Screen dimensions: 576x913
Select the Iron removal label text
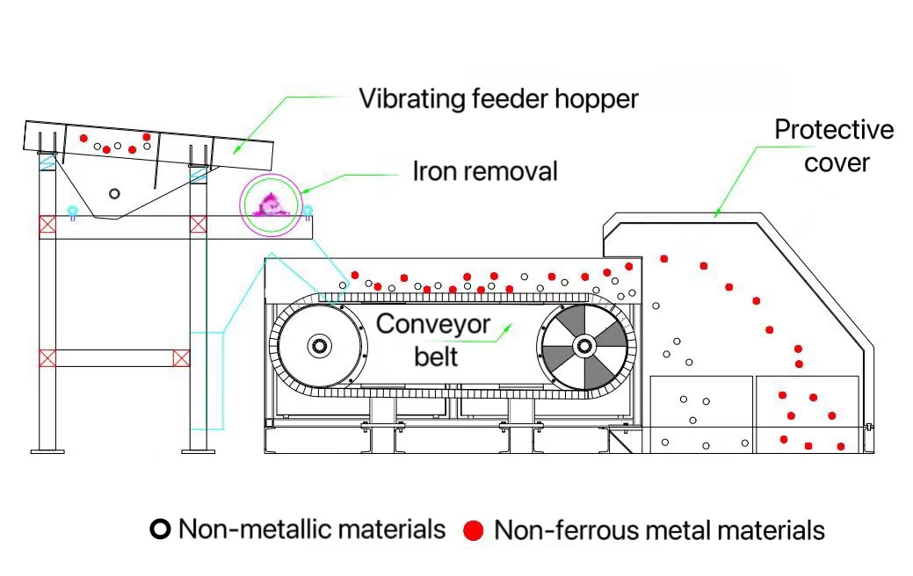485,170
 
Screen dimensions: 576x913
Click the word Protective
833,131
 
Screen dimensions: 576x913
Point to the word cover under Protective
837,162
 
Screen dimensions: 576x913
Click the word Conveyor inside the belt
433,323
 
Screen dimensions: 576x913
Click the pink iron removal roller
272,205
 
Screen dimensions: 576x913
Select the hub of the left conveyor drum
320,345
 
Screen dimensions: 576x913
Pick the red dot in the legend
475,530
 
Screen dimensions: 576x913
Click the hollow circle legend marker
160,529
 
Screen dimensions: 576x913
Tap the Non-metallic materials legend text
312,529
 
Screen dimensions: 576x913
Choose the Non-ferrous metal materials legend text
659,530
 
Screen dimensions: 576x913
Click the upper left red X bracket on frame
47,225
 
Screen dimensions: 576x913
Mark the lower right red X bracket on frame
182,358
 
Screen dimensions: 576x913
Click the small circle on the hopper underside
114,193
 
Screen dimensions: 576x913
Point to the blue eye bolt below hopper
73,211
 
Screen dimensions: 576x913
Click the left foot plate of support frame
47,451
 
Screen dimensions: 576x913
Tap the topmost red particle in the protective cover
664,258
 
